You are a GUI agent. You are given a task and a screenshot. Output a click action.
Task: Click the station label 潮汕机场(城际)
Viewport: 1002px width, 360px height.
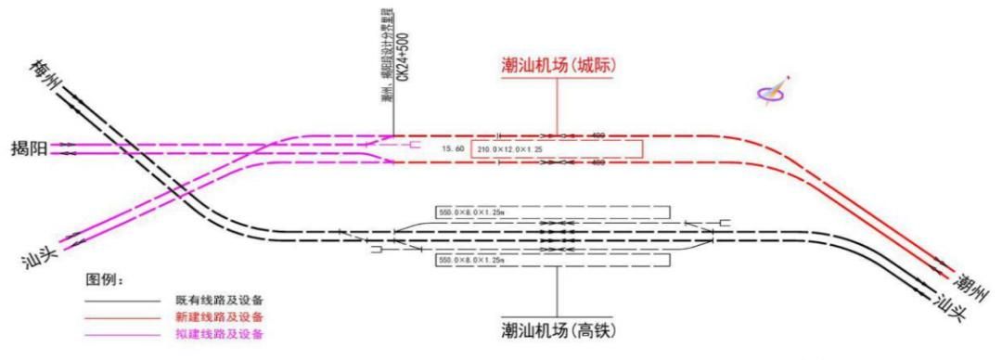(x=558, y=67)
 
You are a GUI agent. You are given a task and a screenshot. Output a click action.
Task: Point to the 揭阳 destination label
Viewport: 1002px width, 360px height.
(x=29, y=148)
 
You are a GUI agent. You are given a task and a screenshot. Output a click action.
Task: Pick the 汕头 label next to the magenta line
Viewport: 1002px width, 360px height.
(x=36, y=256)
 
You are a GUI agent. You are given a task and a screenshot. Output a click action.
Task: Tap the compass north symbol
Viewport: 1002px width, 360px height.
(x=773, y=91)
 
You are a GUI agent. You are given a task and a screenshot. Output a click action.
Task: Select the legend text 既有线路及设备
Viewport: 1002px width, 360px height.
(x=220, y=301)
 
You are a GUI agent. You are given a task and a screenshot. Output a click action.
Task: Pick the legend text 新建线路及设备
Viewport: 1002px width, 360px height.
(x=220, y=317)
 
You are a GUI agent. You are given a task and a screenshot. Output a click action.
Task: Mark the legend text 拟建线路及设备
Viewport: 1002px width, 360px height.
(x=220, y=334)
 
